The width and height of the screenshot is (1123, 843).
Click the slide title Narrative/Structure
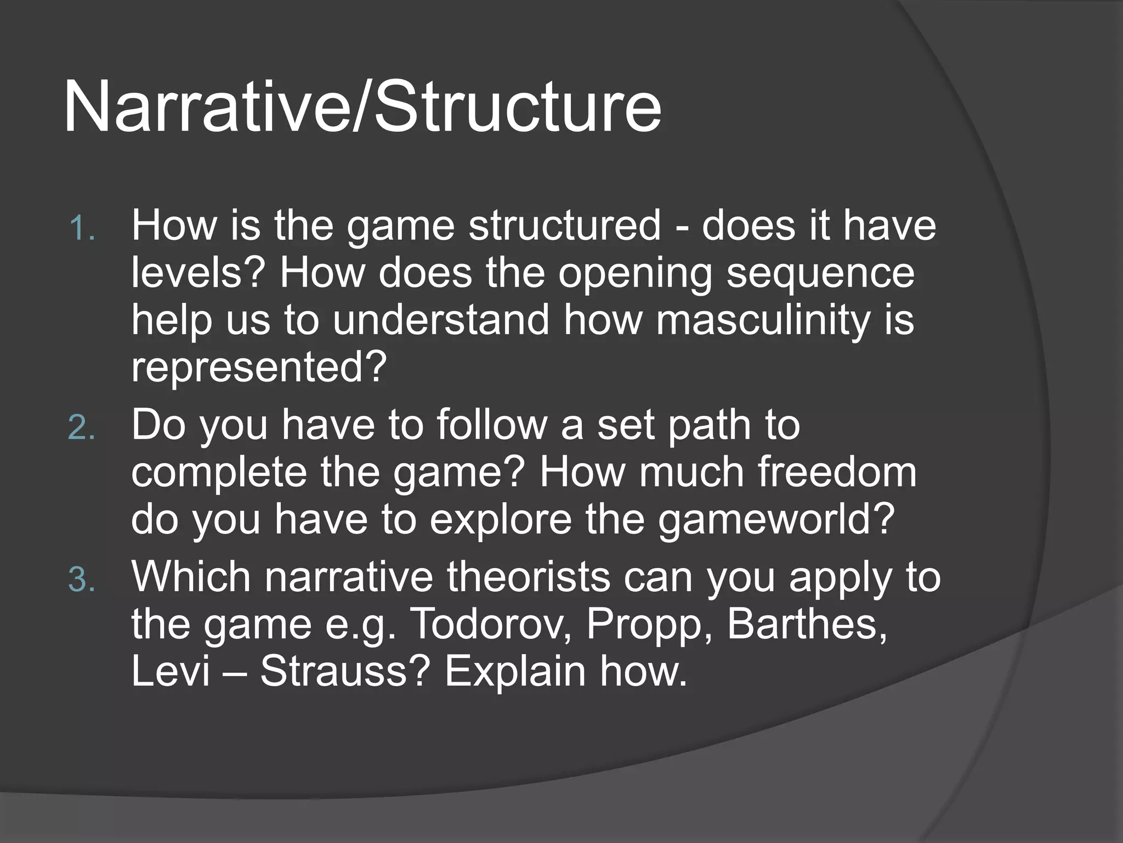[362, 107]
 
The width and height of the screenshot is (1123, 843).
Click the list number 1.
[82, 228]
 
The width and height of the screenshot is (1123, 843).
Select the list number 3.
[82, 580]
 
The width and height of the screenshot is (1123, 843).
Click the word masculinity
[762, 320]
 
